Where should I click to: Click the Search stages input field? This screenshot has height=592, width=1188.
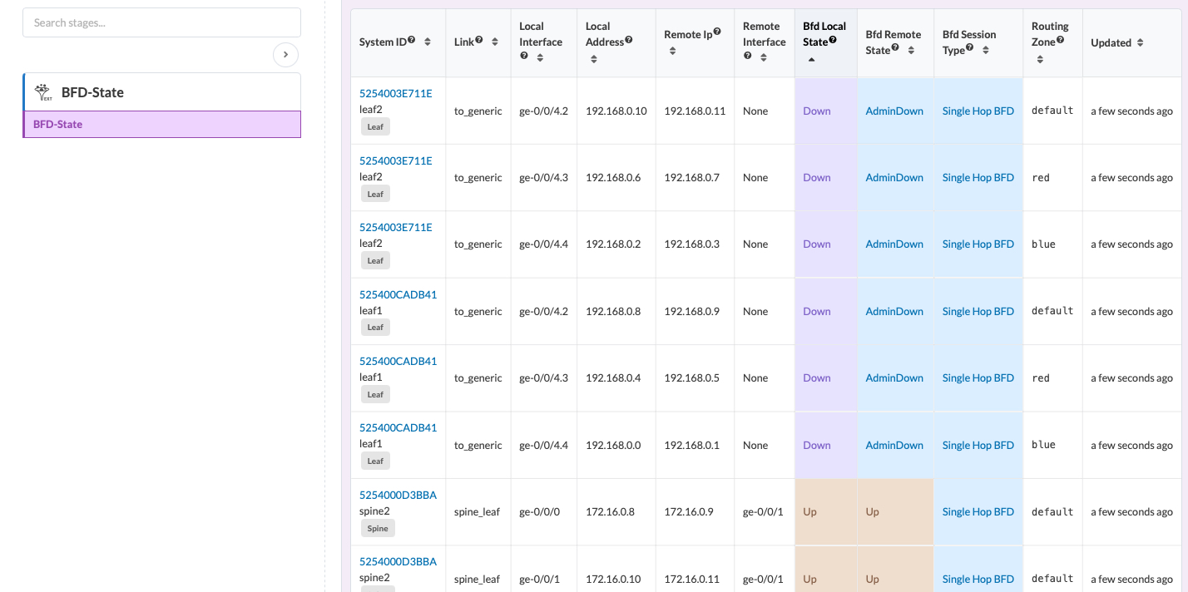161,22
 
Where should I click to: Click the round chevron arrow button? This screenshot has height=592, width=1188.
285,55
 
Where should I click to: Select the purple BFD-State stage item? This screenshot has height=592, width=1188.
162,125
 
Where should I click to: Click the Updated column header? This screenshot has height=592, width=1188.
1111,42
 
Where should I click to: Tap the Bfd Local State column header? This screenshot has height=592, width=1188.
824,34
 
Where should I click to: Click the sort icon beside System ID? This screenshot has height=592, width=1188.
428,42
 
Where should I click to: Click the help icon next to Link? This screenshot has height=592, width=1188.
479,40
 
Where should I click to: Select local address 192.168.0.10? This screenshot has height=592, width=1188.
616,111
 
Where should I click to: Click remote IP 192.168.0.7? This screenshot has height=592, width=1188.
691,178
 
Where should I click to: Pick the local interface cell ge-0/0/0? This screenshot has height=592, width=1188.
539,512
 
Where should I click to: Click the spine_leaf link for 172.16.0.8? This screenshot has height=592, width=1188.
477,512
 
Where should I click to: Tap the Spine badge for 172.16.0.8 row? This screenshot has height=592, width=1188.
378,529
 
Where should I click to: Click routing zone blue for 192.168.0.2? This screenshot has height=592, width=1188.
1043,244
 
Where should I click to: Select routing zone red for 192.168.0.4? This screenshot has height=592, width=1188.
1041,378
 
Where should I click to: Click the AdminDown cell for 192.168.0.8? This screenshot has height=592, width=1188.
894,312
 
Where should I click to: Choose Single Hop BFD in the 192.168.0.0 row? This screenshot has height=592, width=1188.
978,445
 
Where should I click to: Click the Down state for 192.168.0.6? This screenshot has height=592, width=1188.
817,178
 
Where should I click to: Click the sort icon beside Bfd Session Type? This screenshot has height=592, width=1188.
985,51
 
